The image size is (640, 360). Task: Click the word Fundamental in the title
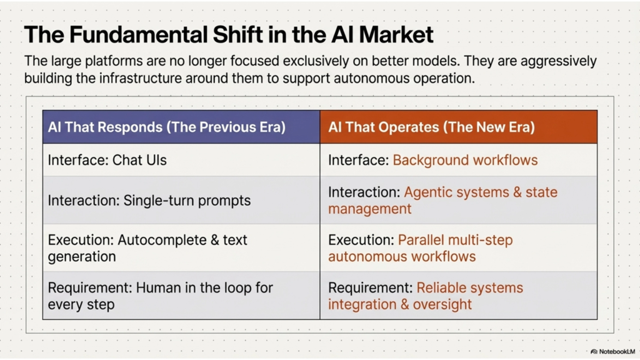[x=138, y=34]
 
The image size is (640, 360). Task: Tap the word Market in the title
[x=396, y=34]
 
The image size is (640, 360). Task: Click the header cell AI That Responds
[x=181, y=127]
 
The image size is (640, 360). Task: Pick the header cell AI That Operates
[x=459, y=127]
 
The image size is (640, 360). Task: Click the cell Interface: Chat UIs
[x=181, y=160]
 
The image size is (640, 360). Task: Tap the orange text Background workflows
[x=465, y=160]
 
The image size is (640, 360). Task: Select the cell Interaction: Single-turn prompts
[x=181, y=200]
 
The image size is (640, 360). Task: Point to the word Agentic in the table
[x=428, y=192]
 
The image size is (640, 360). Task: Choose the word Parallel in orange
[x=421, y=240]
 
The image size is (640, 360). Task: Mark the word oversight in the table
[x=442, y=304]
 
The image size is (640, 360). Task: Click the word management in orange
[x=369, y=209]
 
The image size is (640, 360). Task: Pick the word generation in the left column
[x=82, y=257]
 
